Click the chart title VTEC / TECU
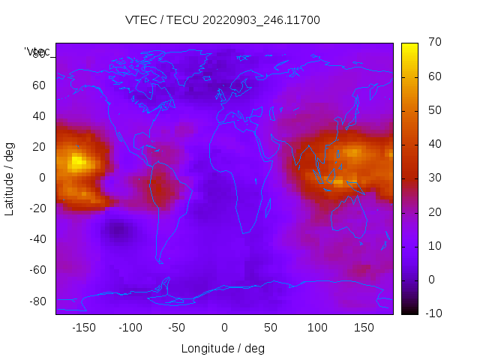tap(222, 20)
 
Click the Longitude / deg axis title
tap(223, 348)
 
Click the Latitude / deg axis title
tap(10, 178)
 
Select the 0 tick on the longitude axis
tap(223, 327)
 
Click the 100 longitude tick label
tap(317, 327)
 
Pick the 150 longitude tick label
tap(364, 327)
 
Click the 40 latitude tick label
tap(39, 116)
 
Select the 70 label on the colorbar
tap(433, 43)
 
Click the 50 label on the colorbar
tap(433, 110)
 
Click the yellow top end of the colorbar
tap(409, 46)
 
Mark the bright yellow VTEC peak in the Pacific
tap(77, 161)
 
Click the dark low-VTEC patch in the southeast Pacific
tap(117, 230)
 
